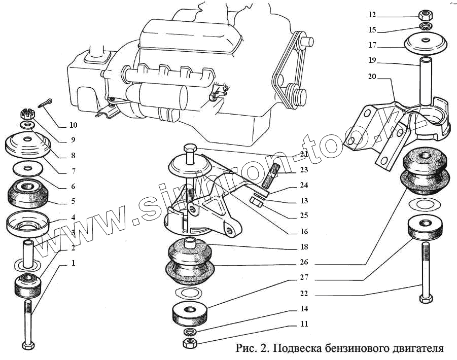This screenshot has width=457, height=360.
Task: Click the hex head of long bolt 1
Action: click(28, 346)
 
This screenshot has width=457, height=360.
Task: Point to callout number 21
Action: click(304, 154)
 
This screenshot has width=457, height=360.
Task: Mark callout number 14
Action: click(304, 308)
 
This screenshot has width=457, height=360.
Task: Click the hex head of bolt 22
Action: click(425, 299)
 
